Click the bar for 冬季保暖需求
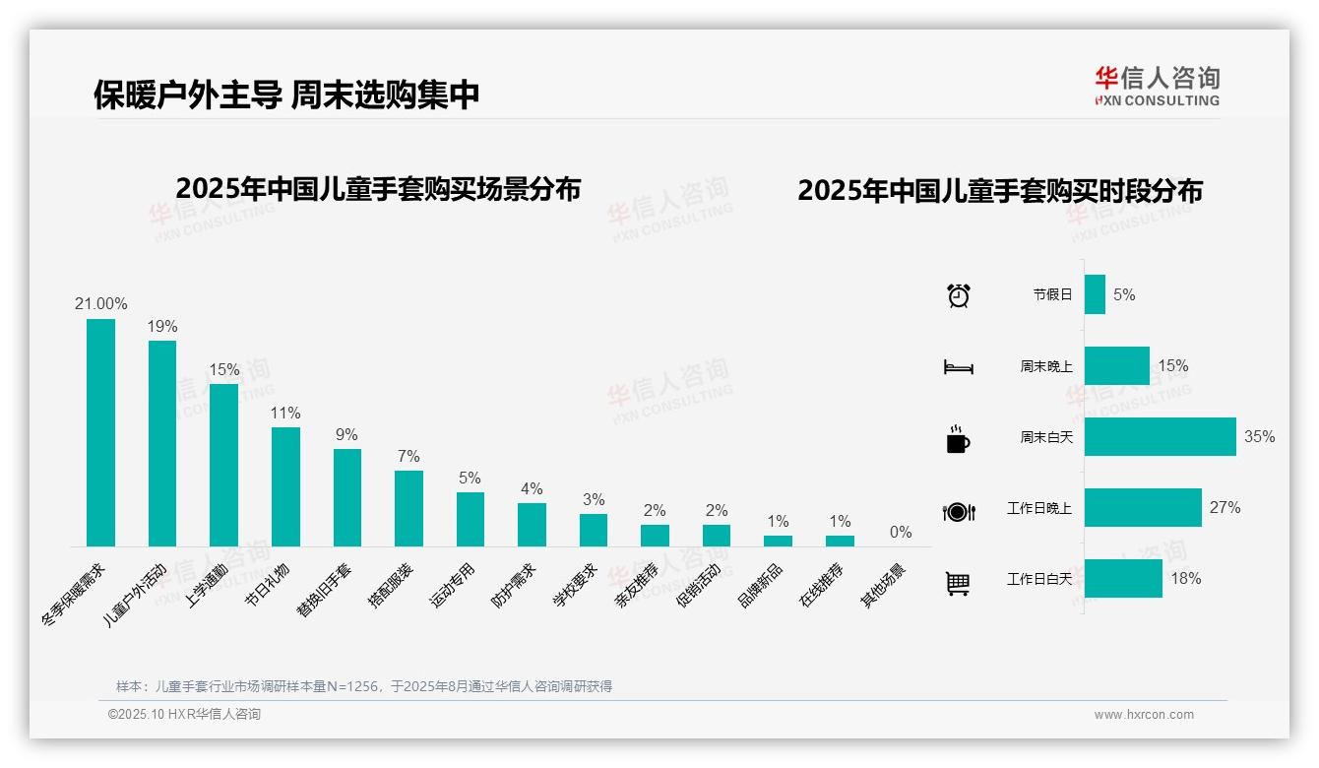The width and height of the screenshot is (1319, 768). [100, 432]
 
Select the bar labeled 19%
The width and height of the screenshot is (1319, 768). [162, 443]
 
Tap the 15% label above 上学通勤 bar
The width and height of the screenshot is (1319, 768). [223, 369]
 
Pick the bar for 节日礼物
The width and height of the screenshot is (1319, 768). [285, 486]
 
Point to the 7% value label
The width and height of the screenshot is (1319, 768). [408, 456]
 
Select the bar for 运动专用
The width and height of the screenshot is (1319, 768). [470, 519]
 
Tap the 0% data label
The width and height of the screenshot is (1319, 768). [901, 532]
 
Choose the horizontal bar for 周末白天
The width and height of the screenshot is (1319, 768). [1160, 436]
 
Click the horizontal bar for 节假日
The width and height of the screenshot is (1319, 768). [1095, 294]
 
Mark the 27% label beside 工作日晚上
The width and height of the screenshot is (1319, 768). [1225, 507]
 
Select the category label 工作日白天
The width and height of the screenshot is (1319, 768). [1038, 579]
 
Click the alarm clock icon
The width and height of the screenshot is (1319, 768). [959, 294]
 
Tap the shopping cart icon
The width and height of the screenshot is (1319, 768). [958, 583]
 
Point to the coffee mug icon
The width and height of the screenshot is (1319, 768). [958, 439]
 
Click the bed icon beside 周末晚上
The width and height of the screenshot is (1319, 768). [958, 367]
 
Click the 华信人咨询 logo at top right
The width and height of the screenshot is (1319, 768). [1157, 86]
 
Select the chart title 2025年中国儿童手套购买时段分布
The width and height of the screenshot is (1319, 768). [1000, 191]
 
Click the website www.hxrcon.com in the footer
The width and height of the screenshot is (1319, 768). [1144, 715]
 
